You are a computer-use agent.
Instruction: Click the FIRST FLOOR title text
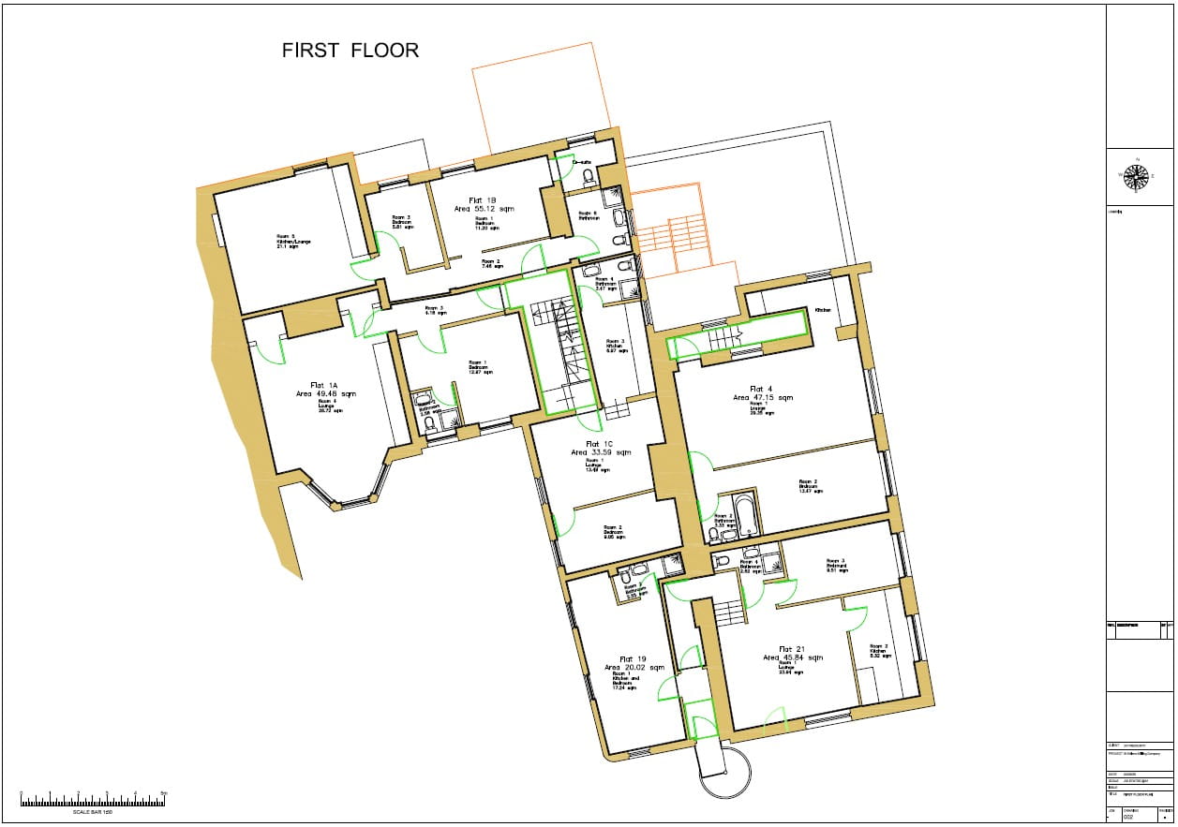click(x=350, y=51)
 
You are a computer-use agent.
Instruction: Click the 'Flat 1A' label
click(x=325, y=385)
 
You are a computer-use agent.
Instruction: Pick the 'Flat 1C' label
click(x=599, y=443)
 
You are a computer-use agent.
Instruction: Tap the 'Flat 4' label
click(x=761, y=389)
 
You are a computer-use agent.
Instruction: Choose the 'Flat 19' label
click(x=634, y=658)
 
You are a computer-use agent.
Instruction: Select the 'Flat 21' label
click(x=792, y=649)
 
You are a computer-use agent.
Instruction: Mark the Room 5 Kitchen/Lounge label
click(x=287, y=240)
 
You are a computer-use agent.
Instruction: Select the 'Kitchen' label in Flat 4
click(x=823, y=310)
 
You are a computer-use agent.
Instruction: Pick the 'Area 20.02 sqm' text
click(x=634, y=667)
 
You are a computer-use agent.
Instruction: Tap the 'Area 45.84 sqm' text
click(x=793, y=658)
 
